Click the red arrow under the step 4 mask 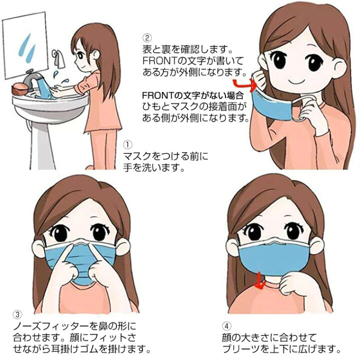pos(258,283)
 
